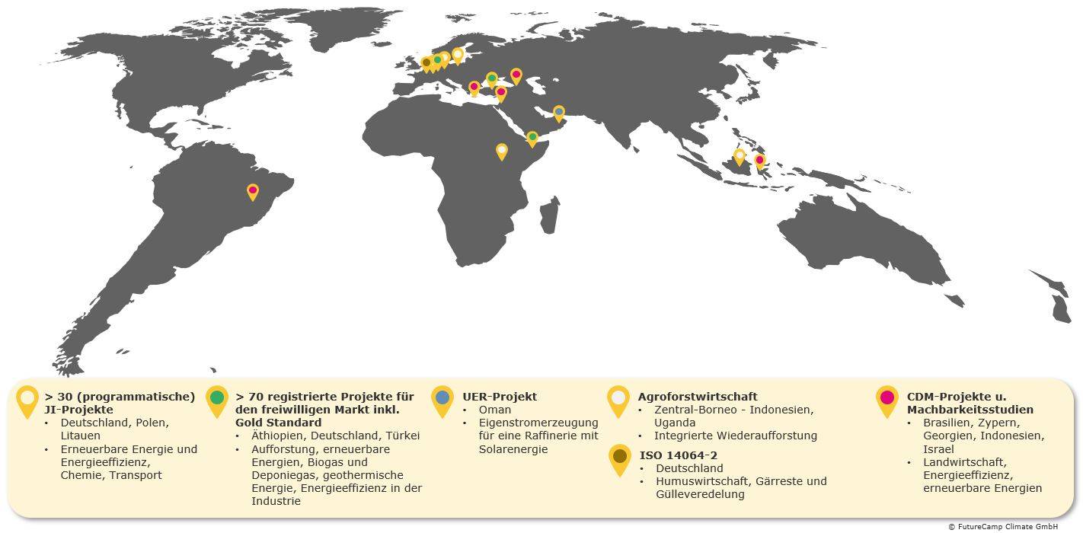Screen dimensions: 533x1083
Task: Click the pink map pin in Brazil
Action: pos(253,190)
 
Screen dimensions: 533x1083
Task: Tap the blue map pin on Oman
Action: pos(559,113)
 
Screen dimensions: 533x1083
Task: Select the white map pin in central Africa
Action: pos(502,150)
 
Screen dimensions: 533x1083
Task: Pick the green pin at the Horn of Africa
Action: pos(532,138)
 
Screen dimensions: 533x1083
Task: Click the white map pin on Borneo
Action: pos(739,156)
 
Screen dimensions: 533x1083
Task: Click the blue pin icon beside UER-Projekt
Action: pos(442,398)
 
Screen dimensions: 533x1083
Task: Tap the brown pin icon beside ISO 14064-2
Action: pos(620,457)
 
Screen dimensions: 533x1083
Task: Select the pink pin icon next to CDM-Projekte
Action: pos(887,398)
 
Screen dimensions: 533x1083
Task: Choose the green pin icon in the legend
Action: pos(217,398)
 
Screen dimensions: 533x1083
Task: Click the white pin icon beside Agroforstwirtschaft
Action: pos(618,398)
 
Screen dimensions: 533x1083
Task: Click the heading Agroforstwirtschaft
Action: pos(698,397)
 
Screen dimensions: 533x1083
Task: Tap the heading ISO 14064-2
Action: pos(679,455)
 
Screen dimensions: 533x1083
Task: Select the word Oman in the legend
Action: pos(495,410)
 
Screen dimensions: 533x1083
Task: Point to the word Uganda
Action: pos(675,423)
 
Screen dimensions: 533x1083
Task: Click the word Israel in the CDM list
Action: pos(938,449)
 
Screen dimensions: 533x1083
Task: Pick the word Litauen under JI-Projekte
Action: pos(80,436)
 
